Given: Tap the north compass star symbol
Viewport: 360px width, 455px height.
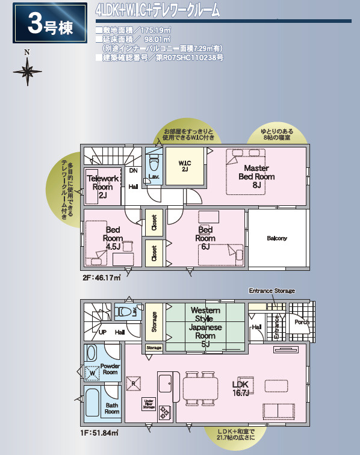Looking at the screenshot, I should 27,72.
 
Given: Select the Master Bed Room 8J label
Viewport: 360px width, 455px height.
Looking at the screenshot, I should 256,176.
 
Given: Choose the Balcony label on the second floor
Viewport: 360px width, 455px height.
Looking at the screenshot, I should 277,238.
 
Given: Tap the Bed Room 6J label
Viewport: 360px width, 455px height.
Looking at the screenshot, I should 205,238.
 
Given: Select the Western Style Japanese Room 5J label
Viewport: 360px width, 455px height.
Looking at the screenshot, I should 205,327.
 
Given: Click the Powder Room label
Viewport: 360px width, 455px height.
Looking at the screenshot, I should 110,368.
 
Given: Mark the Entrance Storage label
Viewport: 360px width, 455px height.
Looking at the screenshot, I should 272,291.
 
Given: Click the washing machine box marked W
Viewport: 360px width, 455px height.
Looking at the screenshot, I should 92,374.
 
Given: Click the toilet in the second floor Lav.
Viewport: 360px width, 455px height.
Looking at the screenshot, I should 154,162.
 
